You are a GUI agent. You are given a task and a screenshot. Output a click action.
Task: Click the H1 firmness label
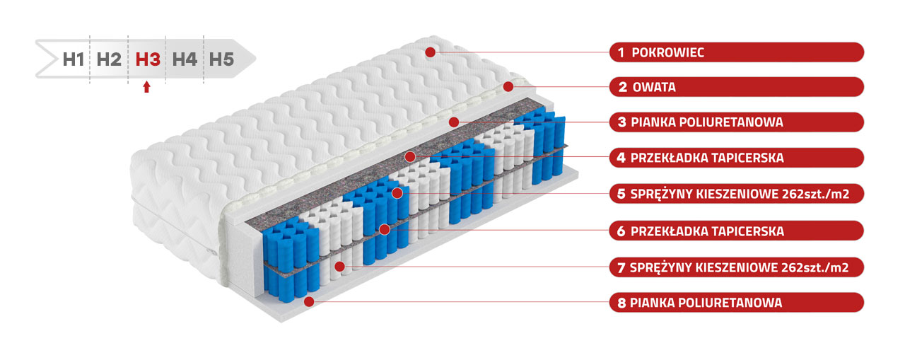pos(74,59)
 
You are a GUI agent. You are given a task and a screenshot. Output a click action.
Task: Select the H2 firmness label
pos(109,59)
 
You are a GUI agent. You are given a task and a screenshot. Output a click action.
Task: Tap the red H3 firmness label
pos(148,59)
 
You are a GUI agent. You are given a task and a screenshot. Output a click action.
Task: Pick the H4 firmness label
pos(185,59)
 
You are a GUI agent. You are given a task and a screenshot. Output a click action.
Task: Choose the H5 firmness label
pos(221,59)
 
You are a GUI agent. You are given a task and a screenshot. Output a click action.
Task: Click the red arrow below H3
pos(146,87)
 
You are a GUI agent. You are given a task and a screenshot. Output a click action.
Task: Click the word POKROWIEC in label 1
pos(668,52)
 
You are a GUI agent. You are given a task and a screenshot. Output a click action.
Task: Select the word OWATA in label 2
pos(654,87)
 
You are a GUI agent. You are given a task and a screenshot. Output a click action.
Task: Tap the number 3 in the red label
pos(622,122)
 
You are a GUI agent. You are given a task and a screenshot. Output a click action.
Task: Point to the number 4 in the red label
pos(621,158)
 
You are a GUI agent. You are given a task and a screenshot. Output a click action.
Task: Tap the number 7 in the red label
pos(621,267)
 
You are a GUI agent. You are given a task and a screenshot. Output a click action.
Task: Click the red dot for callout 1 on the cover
pos(431,52)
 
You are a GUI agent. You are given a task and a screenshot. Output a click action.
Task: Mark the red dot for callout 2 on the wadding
pos(508,86)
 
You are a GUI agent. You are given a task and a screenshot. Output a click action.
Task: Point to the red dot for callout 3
pos(454,122)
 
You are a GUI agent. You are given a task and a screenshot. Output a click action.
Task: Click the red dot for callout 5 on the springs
pos(397,193)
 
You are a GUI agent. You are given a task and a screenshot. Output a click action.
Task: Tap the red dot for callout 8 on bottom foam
pos(309,301)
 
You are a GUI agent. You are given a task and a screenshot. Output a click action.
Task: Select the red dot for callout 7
pos(340,266)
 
